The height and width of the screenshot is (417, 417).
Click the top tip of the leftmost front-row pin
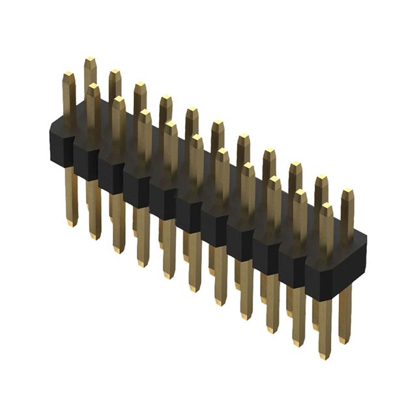click(x=68, y=74)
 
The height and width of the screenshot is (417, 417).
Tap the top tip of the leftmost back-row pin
click(x=90, y=60)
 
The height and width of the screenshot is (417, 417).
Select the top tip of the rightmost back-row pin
click(x=347, y=191)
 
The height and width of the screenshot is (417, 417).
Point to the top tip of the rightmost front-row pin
click(x=326, y=206)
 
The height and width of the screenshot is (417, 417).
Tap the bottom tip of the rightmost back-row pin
click(x=345, y=341)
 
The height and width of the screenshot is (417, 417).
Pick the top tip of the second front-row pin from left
click(x=93, y=86)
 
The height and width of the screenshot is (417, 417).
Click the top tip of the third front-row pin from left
click(x=118, y=99)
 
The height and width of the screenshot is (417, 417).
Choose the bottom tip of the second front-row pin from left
click(x=95, y=237)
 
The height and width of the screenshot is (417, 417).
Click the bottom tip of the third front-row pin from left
click(x=119, y=250)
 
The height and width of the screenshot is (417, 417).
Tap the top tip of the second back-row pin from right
click(x=321, y=177)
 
